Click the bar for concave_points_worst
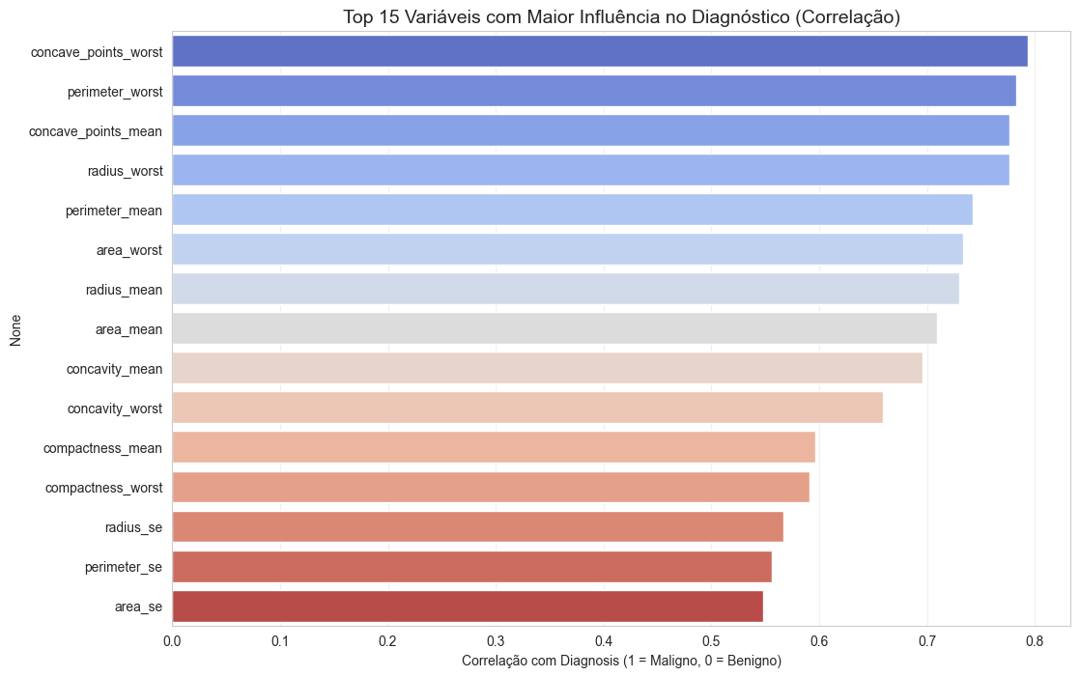pos(599,51)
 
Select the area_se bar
pos(468,606)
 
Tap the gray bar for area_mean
pos(554,329)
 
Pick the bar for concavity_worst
pos(527,409)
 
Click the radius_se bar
pos(477,527)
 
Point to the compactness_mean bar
pos(494,448)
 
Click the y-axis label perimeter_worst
pos(115,92)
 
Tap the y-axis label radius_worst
pos(126,171)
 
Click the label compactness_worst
pos(103,488)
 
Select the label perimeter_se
pos(124,567)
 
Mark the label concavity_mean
pos(114,369)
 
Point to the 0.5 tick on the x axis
pos(712,640)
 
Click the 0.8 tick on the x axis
pos(1035,640)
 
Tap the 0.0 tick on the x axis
pos(173,640)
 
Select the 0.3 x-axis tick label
pos(496,640)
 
